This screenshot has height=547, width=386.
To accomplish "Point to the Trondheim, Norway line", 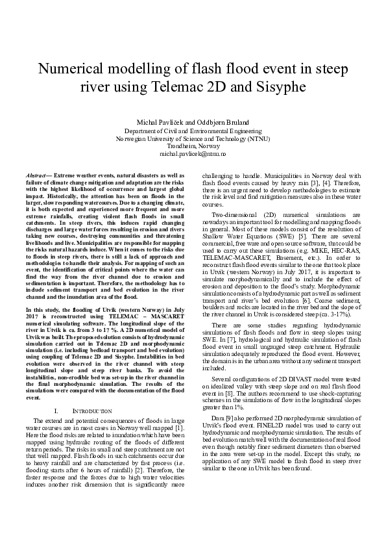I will pos(193,146).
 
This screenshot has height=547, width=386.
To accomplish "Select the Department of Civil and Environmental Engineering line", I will pos(193,131).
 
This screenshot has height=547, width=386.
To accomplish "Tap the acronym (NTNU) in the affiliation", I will pos(258,138).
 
